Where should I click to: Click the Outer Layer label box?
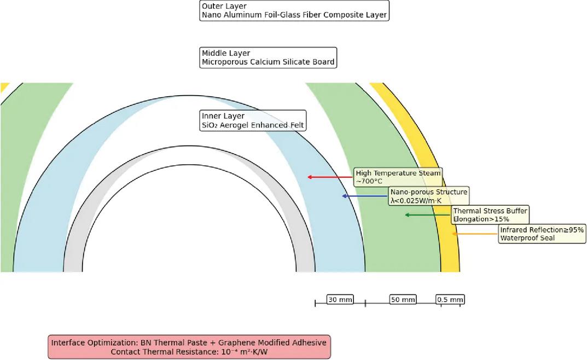(x=294, y=10)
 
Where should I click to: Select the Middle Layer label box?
(x=268, y=57)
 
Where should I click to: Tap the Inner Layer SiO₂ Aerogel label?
(x=253, y=120)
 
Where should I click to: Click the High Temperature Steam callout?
(x=398, y=177)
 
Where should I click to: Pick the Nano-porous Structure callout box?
(x=429, y=196)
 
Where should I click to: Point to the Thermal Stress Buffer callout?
(x=490, y=215)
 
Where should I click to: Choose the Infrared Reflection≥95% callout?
(x=542, y=234)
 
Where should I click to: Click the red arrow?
(x=330, y=177)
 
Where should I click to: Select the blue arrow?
(x=365, y=196)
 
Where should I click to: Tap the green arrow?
(x=428, y=215)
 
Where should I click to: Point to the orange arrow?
(x=475, y=234)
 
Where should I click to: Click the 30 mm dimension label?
(x=340, y=299)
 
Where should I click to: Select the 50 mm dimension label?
(x=403, y=299)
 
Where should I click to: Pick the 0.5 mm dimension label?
(x=450, y=299)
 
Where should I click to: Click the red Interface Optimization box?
(x=189, y=347)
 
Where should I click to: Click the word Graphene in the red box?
(x=237, y=343)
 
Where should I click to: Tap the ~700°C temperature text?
(x=369, y=182)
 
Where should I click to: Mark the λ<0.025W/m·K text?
(x=416, y=201)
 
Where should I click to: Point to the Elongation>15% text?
(x=481, y=219)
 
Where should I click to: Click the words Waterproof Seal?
(x=527, y=238)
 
